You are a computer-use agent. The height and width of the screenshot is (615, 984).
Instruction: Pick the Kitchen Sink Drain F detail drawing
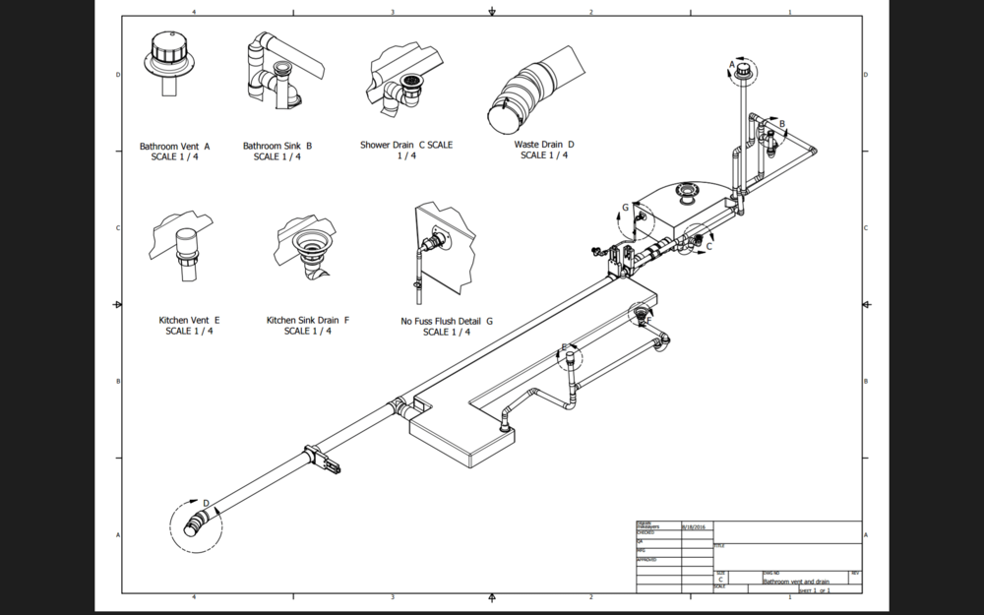point(307,250)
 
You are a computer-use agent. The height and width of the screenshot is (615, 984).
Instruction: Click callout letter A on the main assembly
point(731,65)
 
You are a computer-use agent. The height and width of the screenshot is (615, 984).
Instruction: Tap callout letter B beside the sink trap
point(782,123)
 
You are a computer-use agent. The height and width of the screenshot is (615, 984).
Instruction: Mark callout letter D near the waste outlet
point(206,504)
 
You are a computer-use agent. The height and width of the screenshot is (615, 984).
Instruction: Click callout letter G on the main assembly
point(625,208)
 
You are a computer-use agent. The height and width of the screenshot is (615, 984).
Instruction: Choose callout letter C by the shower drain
point(708,247)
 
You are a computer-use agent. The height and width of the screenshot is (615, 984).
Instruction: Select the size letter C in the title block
point(721,581)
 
